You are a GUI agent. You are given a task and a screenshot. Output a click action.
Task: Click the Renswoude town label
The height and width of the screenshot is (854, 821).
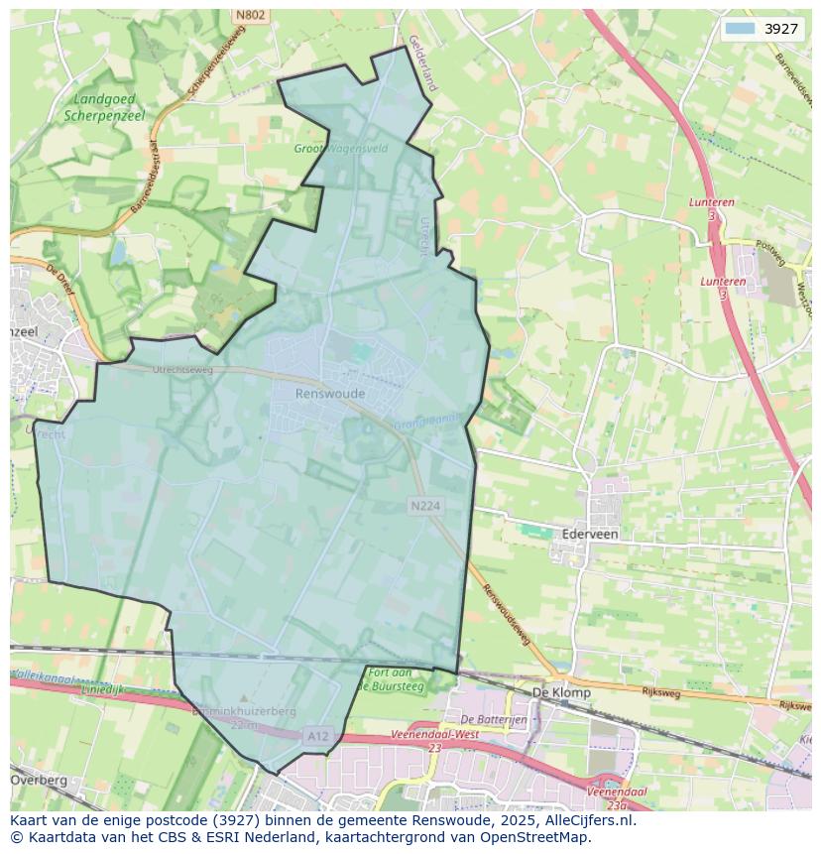click(330, 394)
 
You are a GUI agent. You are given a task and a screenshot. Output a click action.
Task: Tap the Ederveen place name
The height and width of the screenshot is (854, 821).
click(589, 534)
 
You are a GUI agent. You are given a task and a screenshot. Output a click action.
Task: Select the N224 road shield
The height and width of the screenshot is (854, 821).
click(424, 506)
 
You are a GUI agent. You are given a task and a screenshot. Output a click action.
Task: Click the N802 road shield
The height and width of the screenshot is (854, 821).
click(250, 15)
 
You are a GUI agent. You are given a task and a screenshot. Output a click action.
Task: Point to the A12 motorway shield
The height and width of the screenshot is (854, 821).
click(317, 736)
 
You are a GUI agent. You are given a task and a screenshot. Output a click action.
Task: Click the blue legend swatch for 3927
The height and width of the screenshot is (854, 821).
click(740, 29)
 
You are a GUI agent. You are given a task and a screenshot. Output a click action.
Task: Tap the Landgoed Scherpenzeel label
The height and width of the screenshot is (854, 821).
click(104, 107)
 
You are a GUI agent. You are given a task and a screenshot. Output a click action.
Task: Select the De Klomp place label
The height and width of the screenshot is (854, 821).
click(561, 692)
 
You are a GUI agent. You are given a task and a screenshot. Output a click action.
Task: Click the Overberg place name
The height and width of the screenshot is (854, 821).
click(40, 780)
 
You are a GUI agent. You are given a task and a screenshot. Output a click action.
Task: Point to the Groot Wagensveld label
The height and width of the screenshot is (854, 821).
click(340, 149)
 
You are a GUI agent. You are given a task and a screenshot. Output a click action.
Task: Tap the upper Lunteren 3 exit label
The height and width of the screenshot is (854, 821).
click(712, 208)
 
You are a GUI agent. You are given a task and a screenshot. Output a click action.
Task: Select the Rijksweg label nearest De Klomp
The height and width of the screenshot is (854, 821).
click(660, 691)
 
